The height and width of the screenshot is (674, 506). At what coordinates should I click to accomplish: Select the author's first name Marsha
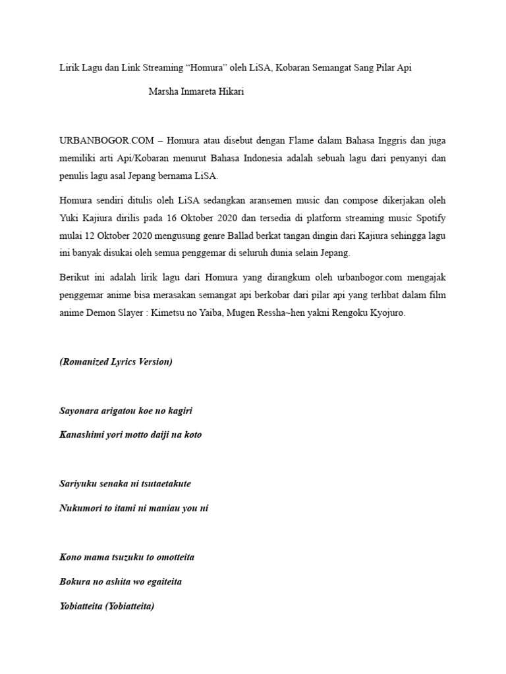click(x=164, y=93)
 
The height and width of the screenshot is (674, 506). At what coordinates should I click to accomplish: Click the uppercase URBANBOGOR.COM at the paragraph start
click(x=103, y=141)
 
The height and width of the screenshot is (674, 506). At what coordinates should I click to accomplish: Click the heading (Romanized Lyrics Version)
click(x=116, y=362)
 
